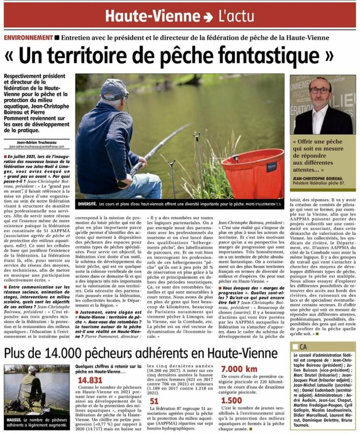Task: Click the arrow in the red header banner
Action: [208, 17]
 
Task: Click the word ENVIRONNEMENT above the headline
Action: [28, 38]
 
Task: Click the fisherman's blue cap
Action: [114, 88]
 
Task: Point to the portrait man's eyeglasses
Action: [320, 90]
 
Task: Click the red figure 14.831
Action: [90, 380]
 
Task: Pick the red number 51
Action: [154, 401]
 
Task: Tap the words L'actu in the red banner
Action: [236, 17]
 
